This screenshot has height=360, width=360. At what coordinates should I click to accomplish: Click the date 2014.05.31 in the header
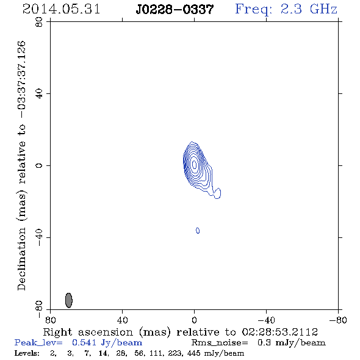[x=61, y=9]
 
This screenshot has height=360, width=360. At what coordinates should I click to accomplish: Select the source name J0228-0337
[x=175, y=9]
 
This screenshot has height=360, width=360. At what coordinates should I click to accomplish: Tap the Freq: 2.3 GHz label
[x=286, y=10]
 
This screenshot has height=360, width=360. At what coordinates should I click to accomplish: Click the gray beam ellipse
[x=69, y=300]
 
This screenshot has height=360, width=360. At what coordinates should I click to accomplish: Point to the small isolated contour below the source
[x=198, y=231]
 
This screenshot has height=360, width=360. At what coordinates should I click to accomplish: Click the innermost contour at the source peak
[x=194, y=164]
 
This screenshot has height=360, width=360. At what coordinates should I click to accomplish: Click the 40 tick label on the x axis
[x=122, y=320]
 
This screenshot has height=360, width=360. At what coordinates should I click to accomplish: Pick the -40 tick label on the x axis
[x=266, y=320]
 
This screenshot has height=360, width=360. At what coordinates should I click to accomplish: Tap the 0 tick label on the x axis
[x=194, y=320]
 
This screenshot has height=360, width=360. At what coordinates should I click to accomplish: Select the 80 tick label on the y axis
[x=39, y=22]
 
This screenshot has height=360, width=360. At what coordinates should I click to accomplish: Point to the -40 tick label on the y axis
[x=39, y=237]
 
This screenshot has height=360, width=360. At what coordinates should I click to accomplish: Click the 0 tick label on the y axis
[x=39, y=165]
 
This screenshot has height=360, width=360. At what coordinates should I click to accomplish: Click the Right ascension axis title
[x=180, y=332]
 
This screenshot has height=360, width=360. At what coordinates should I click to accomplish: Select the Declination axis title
[x=21, y=165]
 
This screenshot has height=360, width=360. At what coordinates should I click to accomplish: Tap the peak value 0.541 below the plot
[x=84, y=342]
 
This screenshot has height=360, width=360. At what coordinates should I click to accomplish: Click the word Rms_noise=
[x=220, y=343]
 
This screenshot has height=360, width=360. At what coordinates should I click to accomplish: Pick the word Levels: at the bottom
[x=27, y=353]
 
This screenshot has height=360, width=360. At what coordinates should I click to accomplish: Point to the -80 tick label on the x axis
[x=338, y=320]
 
